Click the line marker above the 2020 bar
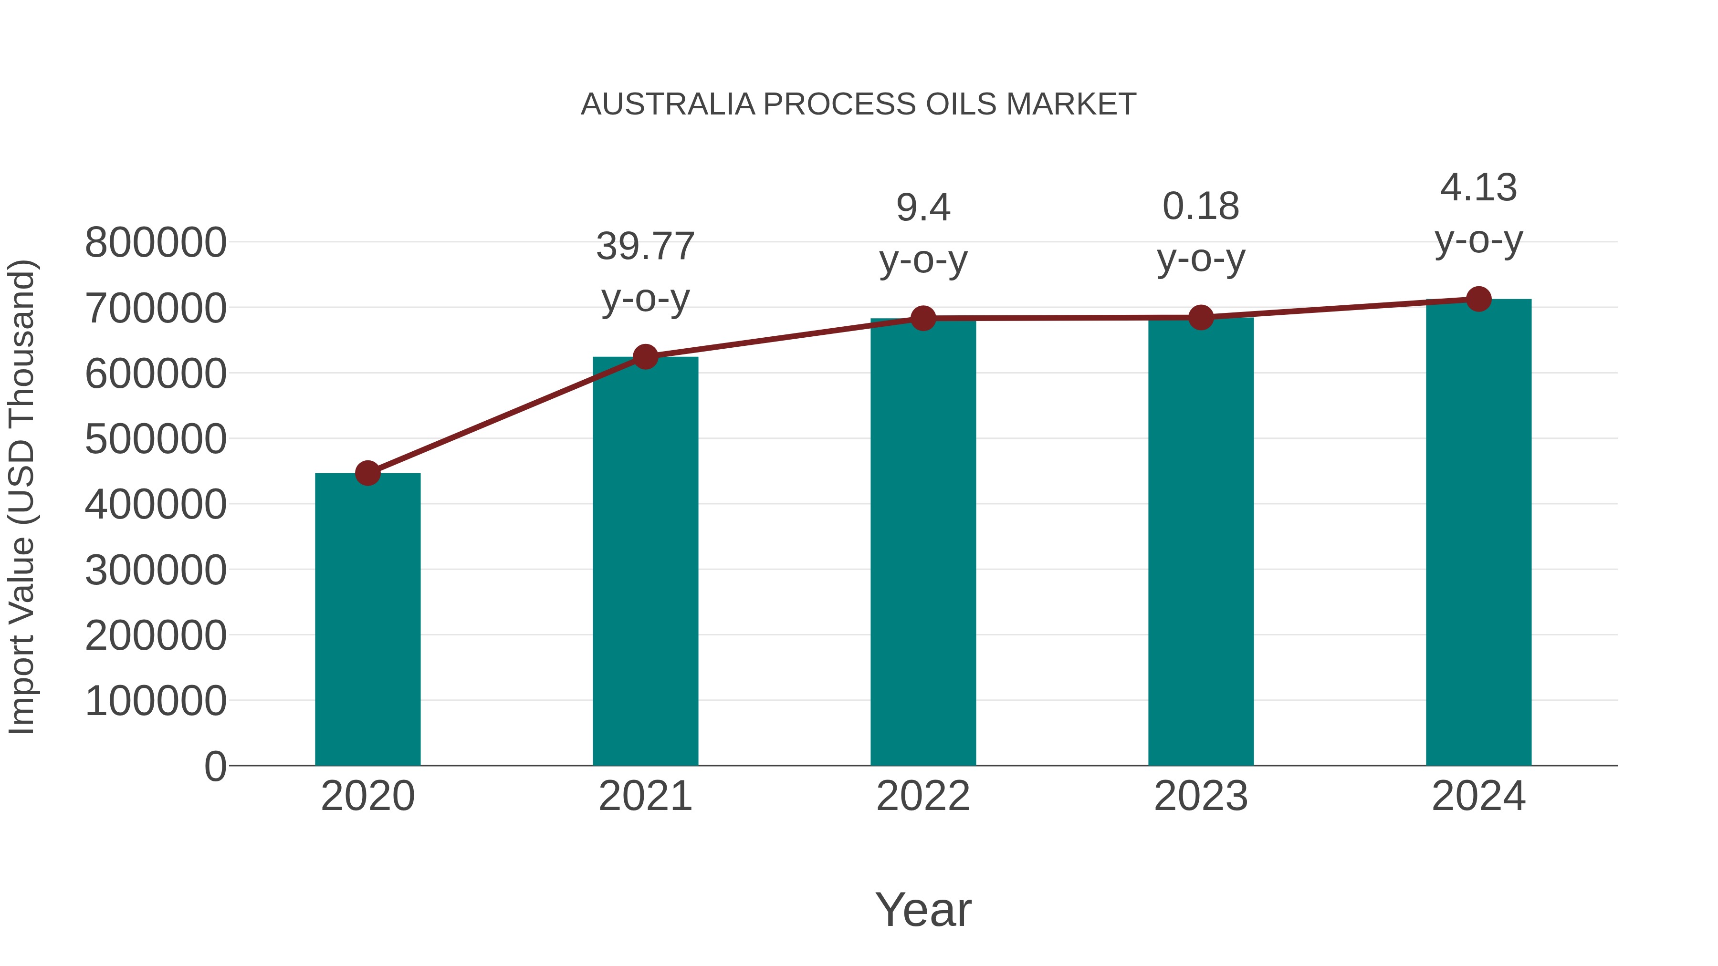coord(367,473)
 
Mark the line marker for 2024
coord(1478,299)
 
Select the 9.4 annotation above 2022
coord(923,208)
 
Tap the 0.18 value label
coord(1201,207)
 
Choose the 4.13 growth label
coord(1478,188)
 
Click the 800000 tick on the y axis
coord(156,243)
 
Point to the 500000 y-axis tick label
coord(156,439)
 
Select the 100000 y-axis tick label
coord(156,701)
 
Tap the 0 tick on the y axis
coord(215,767)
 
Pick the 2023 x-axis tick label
coord(1201,797)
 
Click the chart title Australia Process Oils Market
coord(859,104)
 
